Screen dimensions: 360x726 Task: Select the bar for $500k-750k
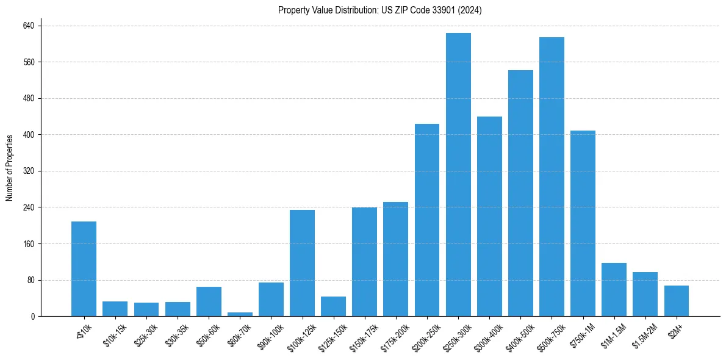point(552,177)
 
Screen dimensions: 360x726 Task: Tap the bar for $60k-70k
point(240,314)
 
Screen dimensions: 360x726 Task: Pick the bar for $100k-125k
point(302,263)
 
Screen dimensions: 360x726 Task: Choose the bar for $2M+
point(676,301)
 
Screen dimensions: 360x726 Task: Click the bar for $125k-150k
point(333,306)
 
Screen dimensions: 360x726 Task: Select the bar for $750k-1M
point(583,223)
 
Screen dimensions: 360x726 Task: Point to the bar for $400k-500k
point(520,193)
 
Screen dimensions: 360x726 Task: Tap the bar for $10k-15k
point(115,309)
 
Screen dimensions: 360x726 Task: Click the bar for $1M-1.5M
point(614,289)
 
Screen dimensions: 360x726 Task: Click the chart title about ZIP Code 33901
point(379,10)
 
